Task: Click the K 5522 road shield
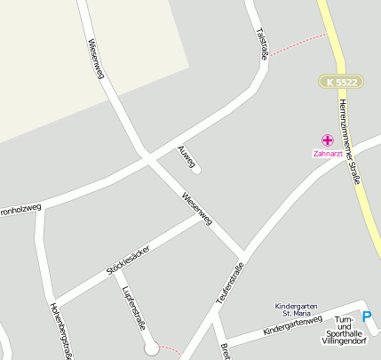(342, 82)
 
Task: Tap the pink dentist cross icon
(327, 140)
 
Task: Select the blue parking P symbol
(367, 314)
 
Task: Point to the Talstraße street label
(262, 44)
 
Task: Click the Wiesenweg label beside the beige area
(96, 59)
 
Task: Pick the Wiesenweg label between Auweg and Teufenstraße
(197, 208)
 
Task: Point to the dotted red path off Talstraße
(298, 44)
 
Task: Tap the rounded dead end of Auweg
(196, 169)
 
